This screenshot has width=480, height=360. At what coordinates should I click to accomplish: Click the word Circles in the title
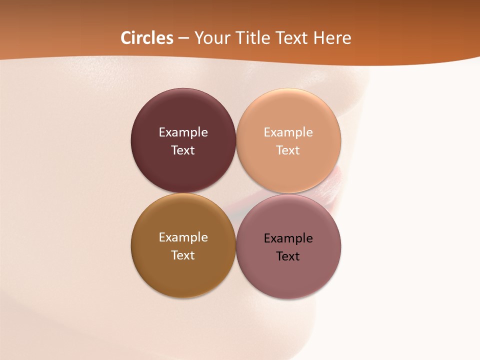[x=146, y=38]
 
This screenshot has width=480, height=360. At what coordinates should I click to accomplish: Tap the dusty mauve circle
[x=288, y=275]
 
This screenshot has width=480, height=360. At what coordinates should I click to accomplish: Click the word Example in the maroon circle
[x=183, y=132]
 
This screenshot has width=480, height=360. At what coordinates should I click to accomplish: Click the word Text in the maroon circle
[x=183, y=150]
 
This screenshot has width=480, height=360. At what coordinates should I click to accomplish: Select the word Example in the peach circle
[x=288, y=132]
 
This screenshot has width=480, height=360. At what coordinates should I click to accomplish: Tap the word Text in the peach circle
[x=288, y=150]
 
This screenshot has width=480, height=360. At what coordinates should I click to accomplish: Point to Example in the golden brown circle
[x=183, y=237]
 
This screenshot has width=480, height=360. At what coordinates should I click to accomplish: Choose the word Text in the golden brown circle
[x=183, y=255]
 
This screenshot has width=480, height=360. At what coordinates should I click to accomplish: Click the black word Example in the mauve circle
[x=288, y=238]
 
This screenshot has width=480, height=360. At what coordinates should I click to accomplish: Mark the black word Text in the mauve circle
[x=288, y=256]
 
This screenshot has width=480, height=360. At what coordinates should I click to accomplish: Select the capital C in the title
[x=126, y=38]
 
